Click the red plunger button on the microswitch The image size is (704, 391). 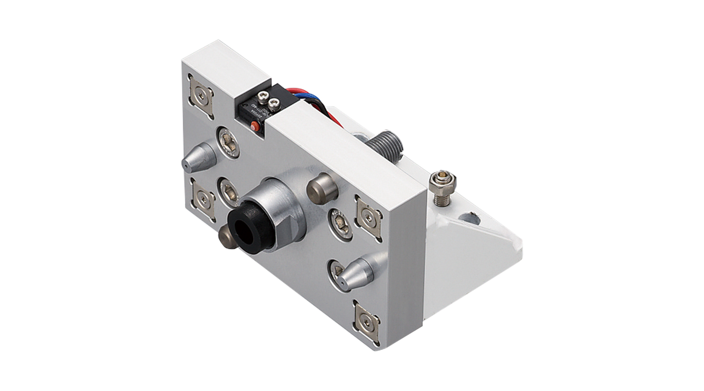pos(254,126)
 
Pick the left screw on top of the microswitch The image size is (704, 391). pos(263,95)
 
